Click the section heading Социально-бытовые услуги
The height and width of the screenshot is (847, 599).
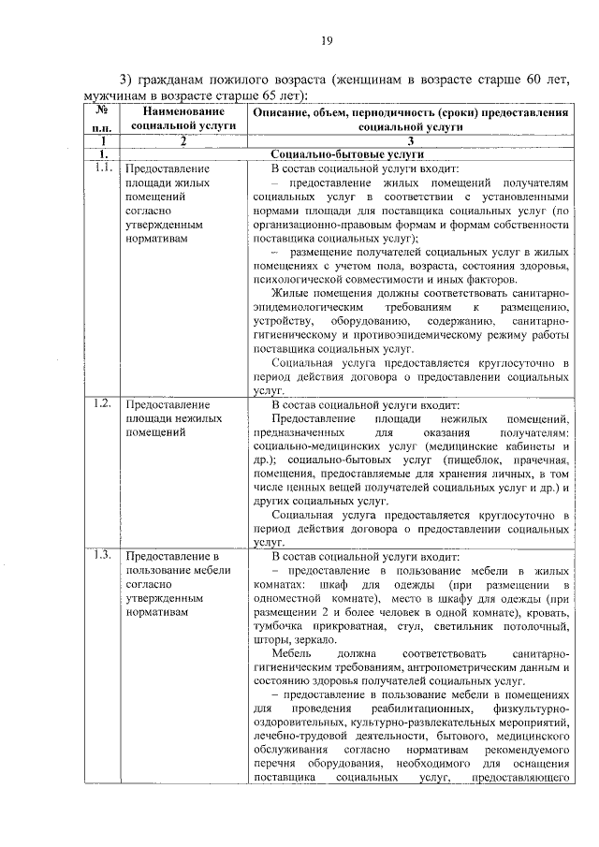pos(347,153)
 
